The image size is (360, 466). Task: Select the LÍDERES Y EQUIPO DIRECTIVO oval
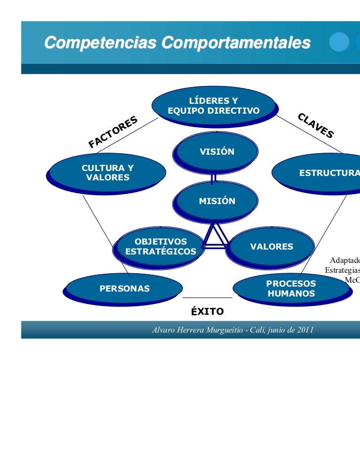click(x=214, y=106)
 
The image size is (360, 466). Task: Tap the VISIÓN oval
click(x=216, y=151)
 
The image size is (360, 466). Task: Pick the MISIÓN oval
click(x=216, y=201)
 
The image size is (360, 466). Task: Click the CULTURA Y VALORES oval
click(x=107, y=172)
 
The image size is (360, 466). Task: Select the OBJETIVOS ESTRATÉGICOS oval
click(x=160, y=246)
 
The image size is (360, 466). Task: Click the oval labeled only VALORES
click(x=271, y=247)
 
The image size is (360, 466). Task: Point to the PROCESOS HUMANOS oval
click(x=291, y=289)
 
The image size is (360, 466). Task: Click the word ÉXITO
click(x=208, y=312)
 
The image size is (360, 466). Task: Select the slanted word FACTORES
click(x=113, y=132)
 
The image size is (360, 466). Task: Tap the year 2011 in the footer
click(x=304, y=330)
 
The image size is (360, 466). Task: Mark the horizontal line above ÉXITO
click(x=207, y=298)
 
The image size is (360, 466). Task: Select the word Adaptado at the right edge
click(x=345, y=260)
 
